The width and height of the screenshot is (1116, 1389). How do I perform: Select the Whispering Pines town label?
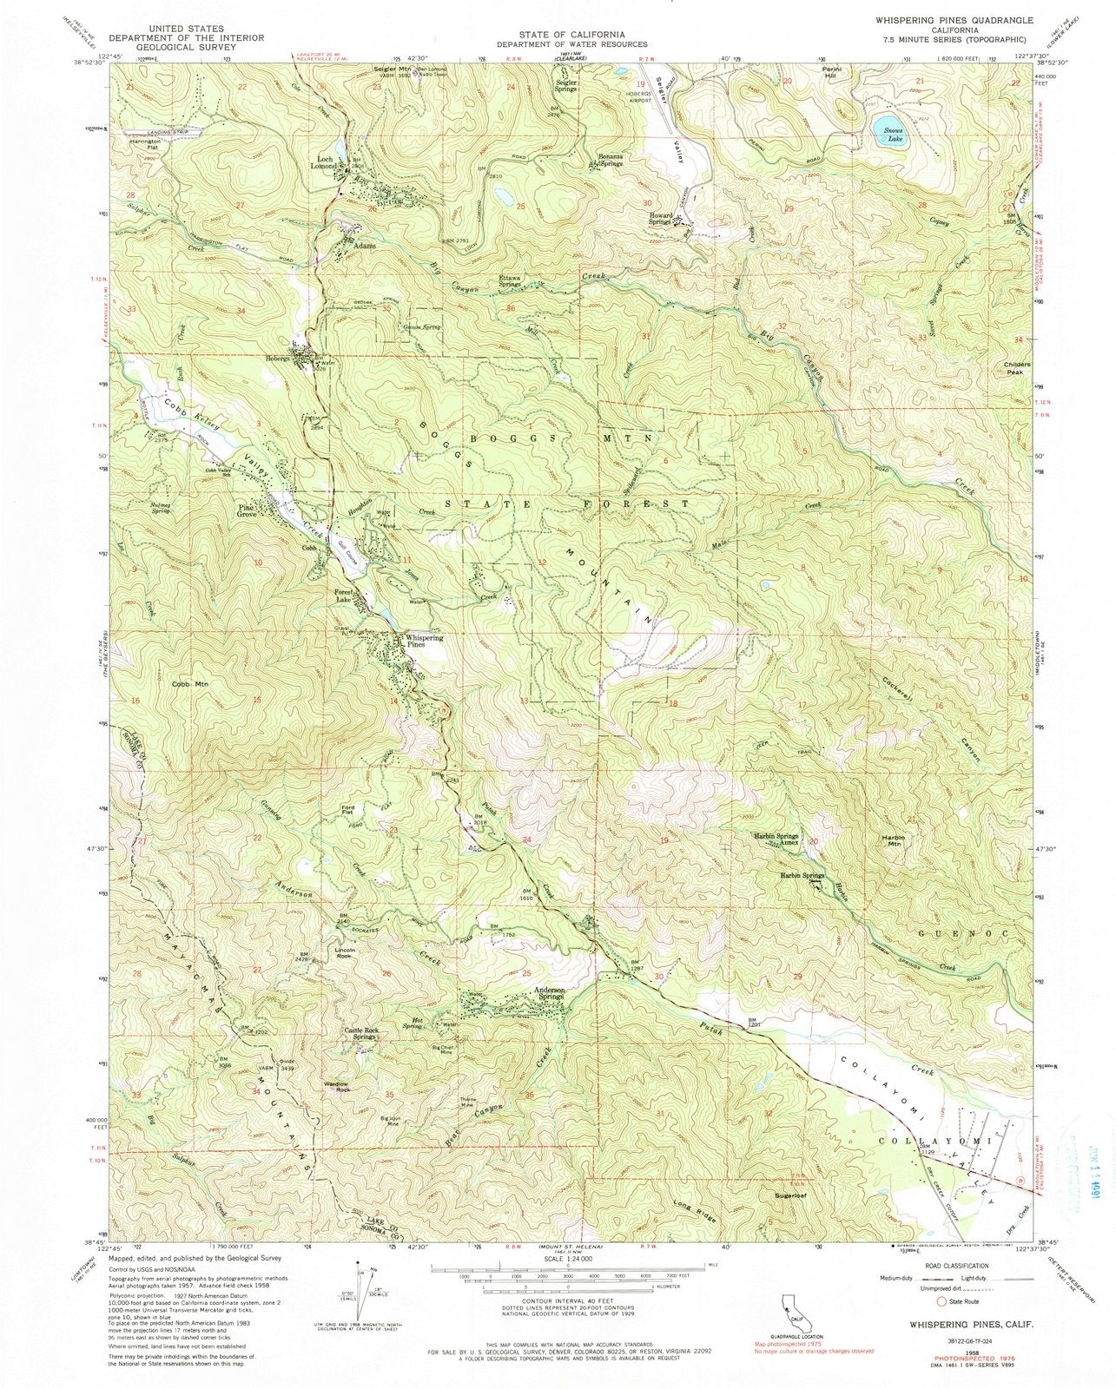pos(424,642)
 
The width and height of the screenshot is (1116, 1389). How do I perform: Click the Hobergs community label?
pos(277,358)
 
